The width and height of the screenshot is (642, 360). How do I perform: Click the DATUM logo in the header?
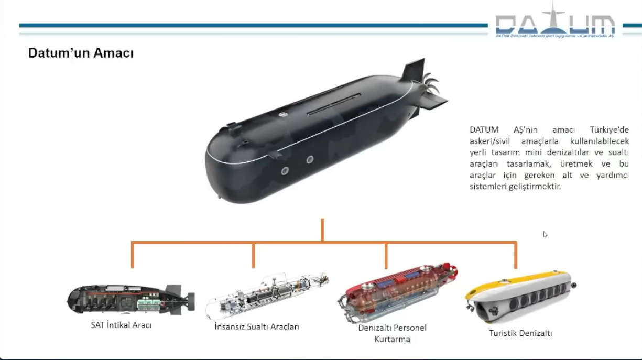(x=556, y=24)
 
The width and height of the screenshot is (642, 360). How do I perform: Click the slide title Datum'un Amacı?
(x=80, y=53)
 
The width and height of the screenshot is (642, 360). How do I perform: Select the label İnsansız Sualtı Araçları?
(x=257, y=326)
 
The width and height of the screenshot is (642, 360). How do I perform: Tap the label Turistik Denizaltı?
(x=520, y=333)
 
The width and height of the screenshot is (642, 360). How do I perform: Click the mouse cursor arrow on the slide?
(x=545, y=234)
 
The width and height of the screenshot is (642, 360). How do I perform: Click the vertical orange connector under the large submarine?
(x=322, y=230)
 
